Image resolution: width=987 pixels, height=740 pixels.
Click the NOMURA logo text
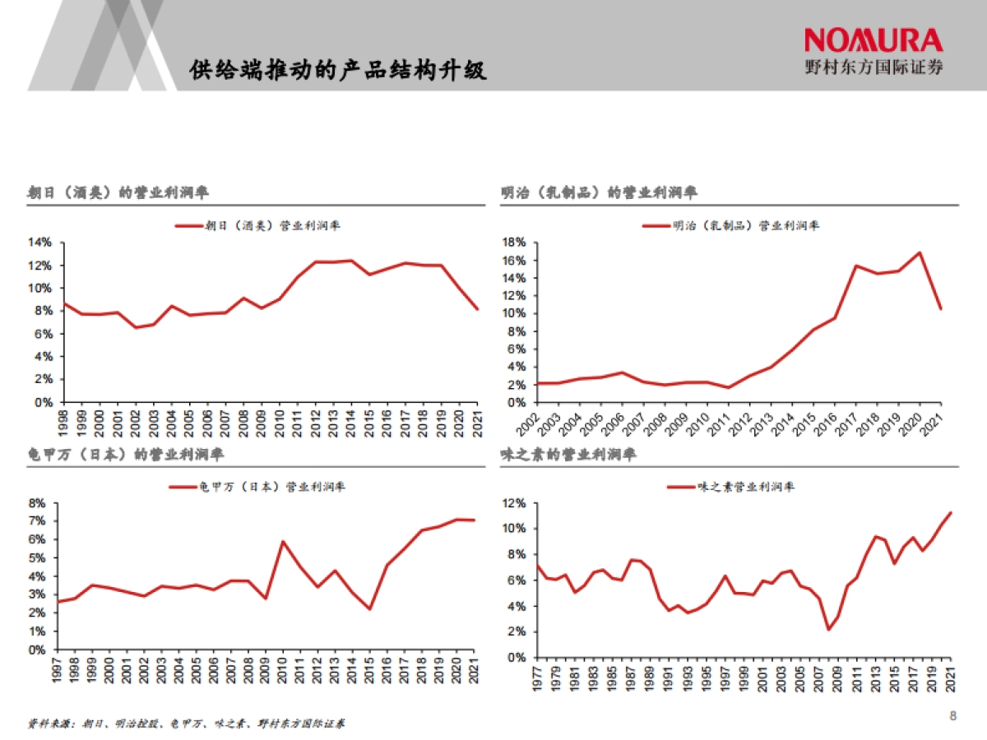click(873, 40)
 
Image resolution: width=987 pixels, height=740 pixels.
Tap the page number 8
click(953, 715)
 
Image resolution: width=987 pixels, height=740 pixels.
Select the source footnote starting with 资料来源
click(186, 724)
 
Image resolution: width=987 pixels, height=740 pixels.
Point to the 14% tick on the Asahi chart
click(39, 243)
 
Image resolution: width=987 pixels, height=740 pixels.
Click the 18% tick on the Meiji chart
click(514, 243)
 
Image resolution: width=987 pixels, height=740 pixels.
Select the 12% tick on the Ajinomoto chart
click(514, 503)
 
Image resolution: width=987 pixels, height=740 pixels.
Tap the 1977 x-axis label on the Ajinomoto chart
click(537, 678)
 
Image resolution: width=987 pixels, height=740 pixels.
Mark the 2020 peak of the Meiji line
click(919, 252)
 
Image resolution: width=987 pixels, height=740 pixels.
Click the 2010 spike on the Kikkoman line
click(283, 541)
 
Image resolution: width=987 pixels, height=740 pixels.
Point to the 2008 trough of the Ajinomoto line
click(828, 629)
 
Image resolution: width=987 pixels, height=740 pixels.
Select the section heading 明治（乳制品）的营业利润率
click(599, 193)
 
